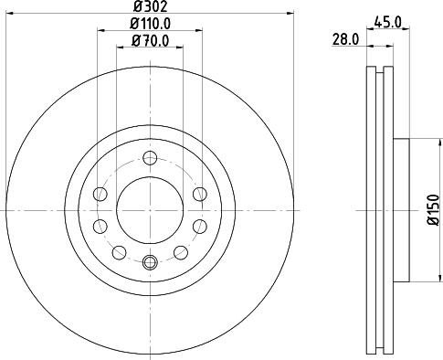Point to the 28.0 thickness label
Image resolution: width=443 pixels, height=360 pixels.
[x=344, y=39]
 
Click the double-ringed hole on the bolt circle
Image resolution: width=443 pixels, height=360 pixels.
[x=151, y=264]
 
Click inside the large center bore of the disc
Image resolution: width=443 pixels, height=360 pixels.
[x=151, y=210]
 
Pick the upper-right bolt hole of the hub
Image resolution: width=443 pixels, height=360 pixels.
[x=201, y=194]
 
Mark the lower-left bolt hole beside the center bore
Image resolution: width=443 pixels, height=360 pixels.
[x=101, y=227]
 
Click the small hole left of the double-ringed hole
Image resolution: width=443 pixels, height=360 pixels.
[x=117, y=253]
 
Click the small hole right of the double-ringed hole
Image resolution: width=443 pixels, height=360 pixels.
[x=185, y=253]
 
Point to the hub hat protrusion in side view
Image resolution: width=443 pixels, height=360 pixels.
[x=402, y=210]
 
